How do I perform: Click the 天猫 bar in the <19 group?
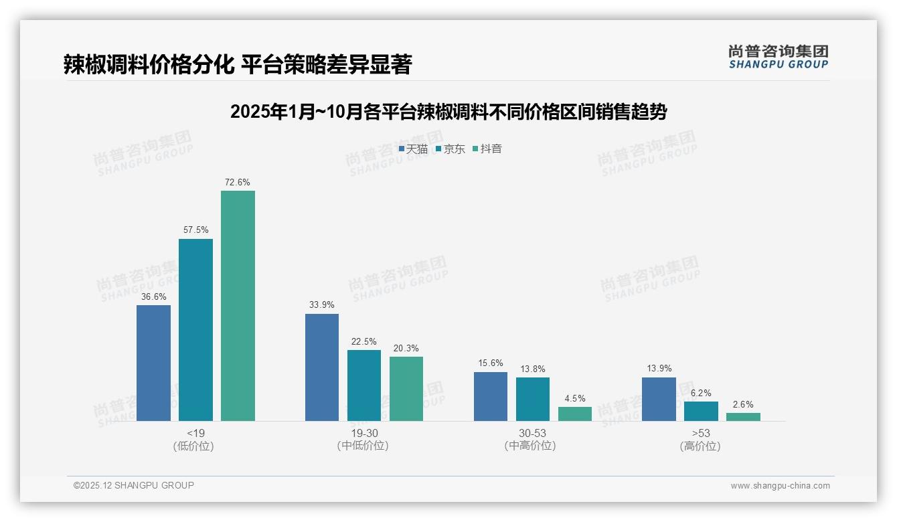click(153, 363)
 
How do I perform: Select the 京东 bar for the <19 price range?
click(195, 330)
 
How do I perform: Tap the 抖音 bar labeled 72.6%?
click(238, 305)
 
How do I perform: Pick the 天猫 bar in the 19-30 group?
click(322, 367)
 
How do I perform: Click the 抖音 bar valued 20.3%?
click(406, 389)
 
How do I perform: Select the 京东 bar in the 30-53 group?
click(533, 399)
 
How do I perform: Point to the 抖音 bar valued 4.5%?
click(575, 414)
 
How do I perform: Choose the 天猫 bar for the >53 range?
click(659, 399)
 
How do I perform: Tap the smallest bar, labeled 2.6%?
click(743, 417)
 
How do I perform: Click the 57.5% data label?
click(195, 230)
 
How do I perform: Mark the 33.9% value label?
click(322, 305)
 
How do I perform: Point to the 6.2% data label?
click(701, 394)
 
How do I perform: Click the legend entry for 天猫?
click(413, 149)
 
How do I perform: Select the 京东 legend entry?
click(450, 149)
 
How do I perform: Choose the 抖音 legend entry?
click(487, 149)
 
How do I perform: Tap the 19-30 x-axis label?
click(363, 433)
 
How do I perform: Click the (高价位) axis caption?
click(700, 446)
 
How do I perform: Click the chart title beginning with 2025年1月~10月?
click(448, 112)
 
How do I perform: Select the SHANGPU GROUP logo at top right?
click(778, 57)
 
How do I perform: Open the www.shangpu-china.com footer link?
click(780, 486)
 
